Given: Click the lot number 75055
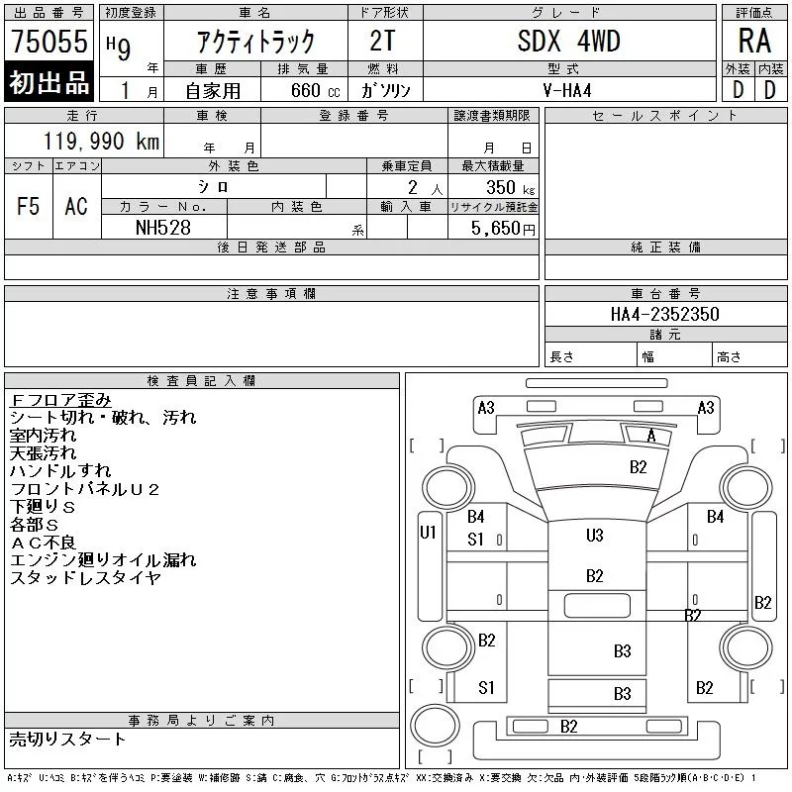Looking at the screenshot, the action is tap(49, 42).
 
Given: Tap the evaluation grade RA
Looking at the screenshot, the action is tap(754, 41).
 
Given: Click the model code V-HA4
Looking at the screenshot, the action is tap(568, 89).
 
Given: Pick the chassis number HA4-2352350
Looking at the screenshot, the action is tap(665, 314).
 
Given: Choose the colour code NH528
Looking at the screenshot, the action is tap(164, 228).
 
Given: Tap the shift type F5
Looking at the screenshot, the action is tap(29, 206).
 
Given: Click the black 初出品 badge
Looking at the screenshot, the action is tap(49, 83).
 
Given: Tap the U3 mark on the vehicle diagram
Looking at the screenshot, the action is tap(595, 536).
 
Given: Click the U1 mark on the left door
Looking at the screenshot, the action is tap(428, 533).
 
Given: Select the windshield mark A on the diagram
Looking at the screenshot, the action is tap(650, 436).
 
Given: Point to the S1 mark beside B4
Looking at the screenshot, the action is tap(476, 540).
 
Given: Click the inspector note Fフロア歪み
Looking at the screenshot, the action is tap(59, 400).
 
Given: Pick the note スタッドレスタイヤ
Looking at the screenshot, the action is tap(84, 578).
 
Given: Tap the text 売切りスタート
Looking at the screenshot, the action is tap(67, 739).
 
